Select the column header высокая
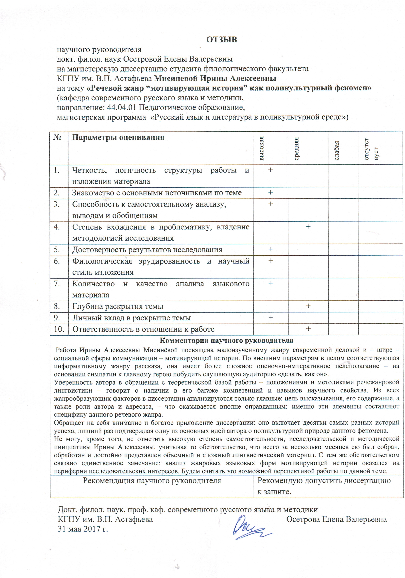[262, 148]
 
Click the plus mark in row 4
[308, 227]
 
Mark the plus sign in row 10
[308, 329]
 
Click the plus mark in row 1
[270, 170]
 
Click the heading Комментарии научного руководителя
[226, 341]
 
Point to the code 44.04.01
[122, 107]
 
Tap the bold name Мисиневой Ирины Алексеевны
[215, 79]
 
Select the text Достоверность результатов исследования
[147, 250]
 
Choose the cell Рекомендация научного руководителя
[152, 481]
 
